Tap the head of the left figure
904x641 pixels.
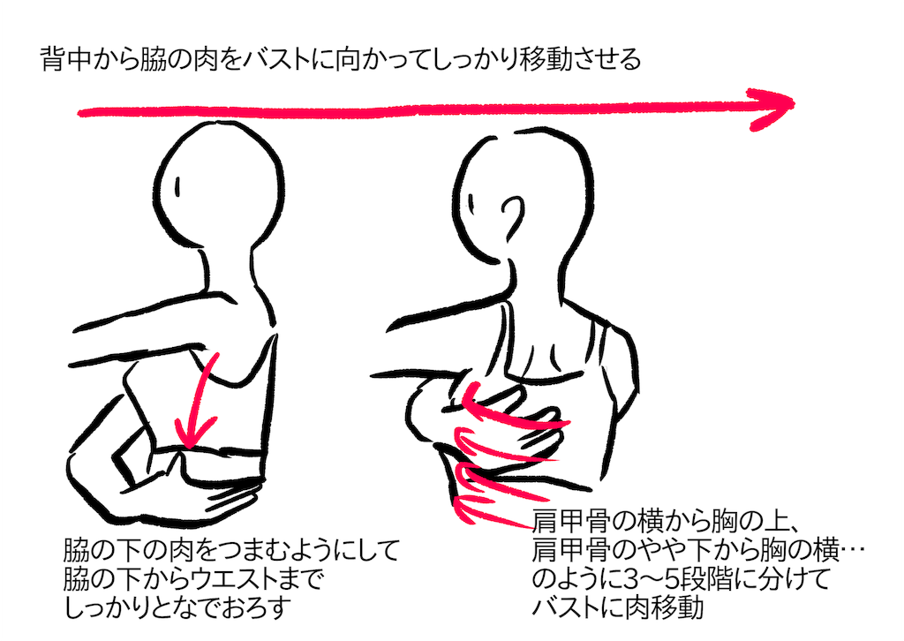(x=218, y=184)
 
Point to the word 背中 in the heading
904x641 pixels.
(x=65, y=59)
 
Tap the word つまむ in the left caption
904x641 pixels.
(x=253, y=550)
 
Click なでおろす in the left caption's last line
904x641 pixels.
(x=221, y=607)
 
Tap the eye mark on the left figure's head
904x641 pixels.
(x=177, y=187)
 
